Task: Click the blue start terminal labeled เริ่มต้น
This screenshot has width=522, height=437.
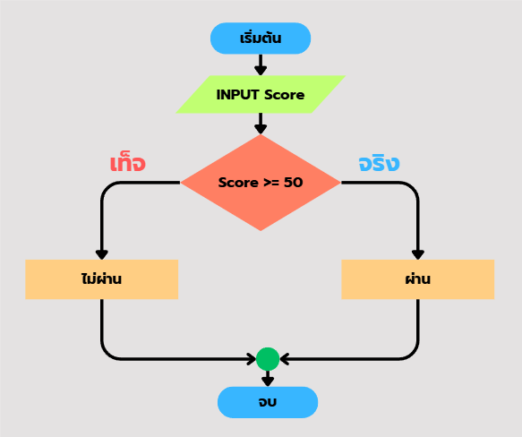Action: [261, 39]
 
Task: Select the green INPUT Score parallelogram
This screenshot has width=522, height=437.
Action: [261, 95]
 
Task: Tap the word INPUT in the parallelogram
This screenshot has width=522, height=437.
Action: [237, 95]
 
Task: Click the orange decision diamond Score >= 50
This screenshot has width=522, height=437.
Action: [261, 183]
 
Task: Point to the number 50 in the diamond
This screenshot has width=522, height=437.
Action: [294, 182]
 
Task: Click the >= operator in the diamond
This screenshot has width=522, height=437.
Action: [271, 183]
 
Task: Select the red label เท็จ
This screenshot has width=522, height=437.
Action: [127, 163]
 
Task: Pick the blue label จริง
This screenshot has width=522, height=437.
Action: [379, 163]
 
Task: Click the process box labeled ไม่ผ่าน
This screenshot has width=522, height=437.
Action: [101, 279]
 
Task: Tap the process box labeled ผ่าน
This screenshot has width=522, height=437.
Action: [418, 279]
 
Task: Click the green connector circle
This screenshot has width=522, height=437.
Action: [268, 359]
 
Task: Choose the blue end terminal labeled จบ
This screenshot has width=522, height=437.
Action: [268, 402]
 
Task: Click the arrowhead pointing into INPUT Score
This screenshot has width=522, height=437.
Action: [261, 70]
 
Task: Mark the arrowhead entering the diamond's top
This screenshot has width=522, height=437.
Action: [261, 129]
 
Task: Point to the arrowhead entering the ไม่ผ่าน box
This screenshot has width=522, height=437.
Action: [101, 254]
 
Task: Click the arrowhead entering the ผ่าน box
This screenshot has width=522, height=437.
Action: [418, 254]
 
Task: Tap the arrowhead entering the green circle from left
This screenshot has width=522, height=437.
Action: [252, 359]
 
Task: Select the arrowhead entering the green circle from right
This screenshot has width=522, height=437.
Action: [285, 359]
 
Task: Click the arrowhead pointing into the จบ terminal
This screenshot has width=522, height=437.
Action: [268, 381]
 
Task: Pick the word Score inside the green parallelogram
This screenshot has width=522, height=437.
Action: [285, 95]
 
